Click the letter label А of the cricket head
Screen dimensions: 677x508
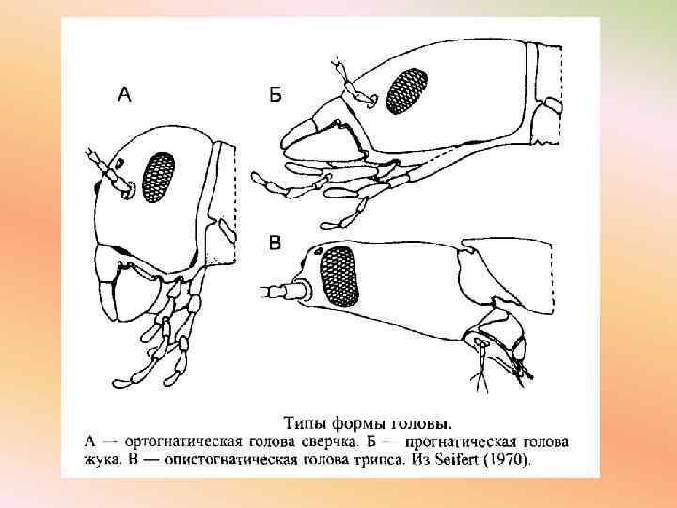click(x=123, y=93)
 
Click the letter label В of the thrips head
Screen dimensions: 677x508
click(x=275, y=244)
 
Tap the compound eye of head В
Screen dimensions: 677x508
click(x=340, y=276)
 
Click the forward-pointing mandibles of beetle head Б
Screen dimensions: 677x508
click(x=302, y=136)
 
